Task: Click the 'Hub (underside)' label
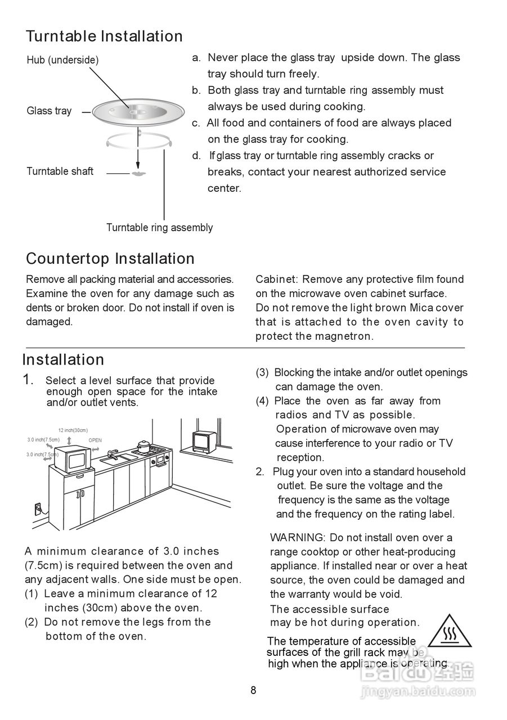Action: [62, 60]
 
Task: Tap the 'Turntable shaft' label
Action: [60, 172]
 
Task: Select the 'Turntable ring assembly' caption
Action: [159, 228]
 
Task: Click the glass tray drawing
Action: [137, 112]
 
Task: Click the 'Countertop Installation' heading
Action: [110, 259]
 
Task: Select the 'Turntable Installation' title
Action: [104, 37]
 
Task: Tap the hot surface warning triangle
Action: [449, 632]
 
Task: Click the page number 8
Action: [253, 691]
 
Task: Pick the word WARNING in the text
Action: [297, 538]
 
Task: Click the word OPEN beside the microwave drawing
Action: [95, 440]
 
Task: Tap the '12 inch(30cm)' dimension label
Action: [73, 430]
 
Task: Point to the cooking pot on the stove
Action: [144, 445]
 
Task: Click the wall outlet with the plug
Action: [38, 508]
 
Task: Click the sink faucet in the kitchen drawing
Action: [112, 453]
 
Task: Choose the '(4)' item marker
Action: [263, 401]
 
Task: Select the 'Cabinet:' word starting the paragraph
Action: [276, 280]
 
